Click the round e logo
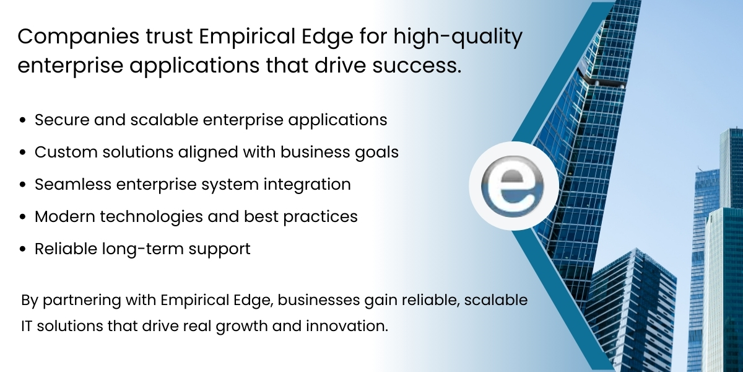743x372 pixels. tap(513, 187)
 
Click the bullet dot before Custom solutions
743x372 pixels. tap(23, 153)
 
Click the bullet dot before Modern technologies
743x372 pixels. tap(23, 217)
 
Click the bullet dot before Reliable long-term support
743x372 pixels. tap(23, 250)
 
